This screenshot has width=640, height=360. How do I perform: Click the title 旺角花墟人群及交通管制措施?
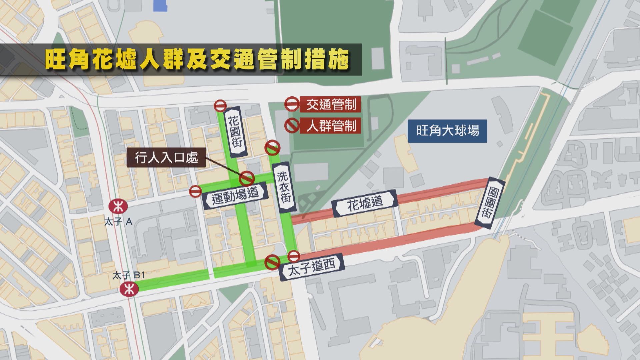197,60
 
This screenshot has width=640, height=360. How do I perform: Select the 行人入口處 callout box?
166,157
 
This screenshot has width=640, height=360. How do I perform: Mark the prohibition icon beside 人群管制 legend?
292,126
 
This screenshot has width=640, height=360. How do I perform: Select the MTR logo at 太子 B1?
129,289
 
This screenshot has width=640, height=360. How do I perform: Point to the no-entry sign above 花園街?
220,106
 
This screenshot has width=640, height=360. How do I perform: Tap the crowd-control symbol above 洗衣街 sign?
272,147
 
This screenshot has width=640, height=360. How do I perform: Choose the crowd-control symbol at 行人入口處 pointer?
247,178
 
